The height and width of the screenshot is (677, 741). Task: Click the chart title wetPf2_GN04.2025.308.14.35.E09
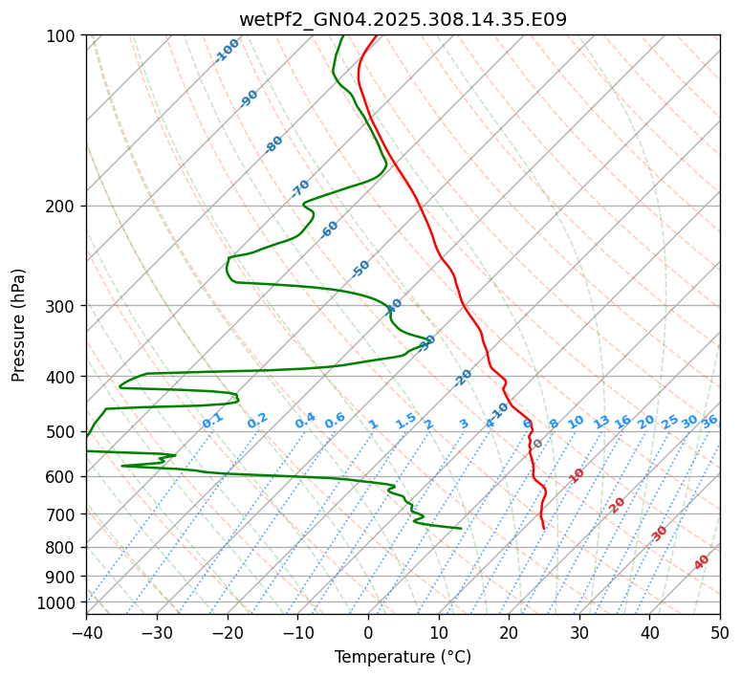point(403,19)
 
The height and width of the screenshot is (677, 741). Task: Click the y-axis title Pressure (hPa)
point(19,325)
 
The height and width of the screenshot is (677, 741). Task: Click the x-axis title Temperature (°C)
point(403,657)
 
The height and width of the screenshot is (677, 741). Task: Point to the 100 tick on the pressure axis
point(61,36)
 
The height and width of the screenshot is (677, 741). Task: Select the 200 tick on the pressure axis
point(61,207)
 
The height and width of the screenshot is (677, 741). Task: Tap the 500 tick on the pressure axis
point(61,432)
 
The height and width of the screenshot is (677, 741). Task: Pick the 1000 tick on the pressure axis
point(57,602)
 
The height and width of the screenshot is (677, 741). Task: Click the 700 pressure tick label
point(61,514)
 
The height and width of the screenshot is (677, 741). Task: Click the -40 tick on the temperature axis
point(86,632)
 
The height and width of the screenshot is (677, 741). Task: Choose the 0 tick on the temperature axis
point(368,632)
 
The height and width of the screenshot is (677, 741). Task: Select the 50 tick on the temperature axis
point(720,632)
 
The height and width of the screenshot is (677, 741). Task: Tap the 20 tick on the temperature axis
point(509,632)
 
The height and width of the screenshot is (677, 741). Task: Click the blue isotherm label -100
point(228,51)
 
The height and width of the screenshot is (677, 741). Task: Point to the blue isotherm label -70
point(301,187)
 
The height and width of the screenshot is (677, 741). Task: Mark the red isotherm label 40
point(702,562)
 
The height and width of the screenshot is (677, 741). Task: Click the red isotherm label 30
point(660,534)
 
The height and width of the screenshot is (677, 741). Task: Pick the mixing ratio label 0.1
point(212,420)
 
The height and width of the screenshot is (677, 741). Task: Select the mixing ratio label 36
point(709,421)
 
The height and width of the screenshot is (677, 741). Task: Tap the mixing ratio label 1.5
point(405,420)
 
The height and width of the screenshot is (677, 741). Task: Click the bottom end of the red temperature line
point(544,528)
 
